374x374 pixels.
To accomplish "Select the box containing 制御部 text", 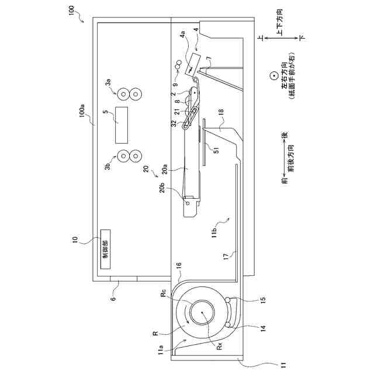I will [106, 248].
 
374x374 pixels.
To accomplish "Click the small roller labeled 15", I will [227, 302].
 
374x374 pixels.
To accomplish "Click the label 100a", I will [82, 110].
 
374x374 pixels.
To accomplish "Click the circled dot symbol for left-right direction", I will [272, 76].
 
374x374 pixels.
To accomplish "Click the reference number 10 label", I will [75, 240].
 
